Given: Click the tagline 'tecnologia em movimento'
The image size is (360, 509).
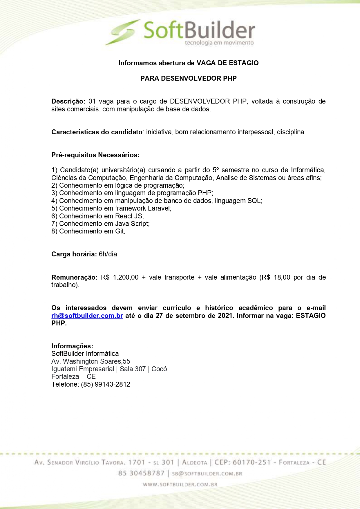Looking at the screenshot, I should pyautogui.click(x=219, y=43).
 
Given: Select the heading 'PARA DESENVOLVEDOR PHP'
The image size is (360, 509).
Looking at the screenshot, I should pyautogui.click(x=189, y=78).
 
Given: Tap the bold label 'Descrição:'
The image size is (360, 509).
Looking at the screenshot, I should pyautogui.click(x=68, y=102).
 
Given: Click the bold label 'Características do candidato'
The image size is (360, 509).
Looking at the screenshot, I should pyautogui.click(x=97, y=132).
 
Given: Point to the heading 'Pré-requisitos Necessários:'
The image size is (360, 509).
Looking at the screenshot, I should pyautogui.click(x=95, y=155).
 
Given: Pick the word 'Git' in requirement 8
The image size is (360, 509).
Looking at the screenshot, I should pyautogui.click(x=120, y=231).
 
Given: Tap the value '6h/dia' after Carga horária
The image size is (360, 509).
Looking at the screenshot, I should pyautogui.click(x=108, y=254).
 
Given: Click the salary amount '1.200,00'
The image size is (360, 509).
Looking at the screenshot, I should pyautogui.click(x=126, y=278).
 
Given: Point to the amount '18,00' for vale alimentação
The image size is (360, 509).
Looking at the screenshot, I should pyautogui.click(x=282, y=278).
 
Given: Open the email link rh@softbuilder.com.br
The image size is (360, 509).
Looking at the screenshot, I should pyautogui.click(x=87, y=316).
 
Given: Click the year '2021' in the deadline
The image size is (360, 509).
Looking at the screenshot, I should pyautogui.click(x=225, y=316).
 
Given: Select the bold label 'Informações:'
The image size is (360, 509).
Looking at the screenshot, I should pyautogui.click(x=72, y=346).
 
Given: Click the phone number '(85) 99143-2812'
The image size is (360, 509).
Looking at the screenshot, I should pyautogui.click(x=106, y=385).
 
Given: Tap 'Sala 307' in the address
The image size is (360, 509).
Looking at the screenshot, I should pyautogui.click(x=133, y=369).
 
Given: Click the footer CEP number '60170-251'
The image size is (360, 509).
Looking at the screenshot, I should pyautogui.click(x=252, y=462).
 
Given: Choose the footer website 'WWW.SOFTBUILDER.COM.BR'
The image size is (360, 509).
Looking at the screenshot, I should pyautogui.click(x=180, y=485).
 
